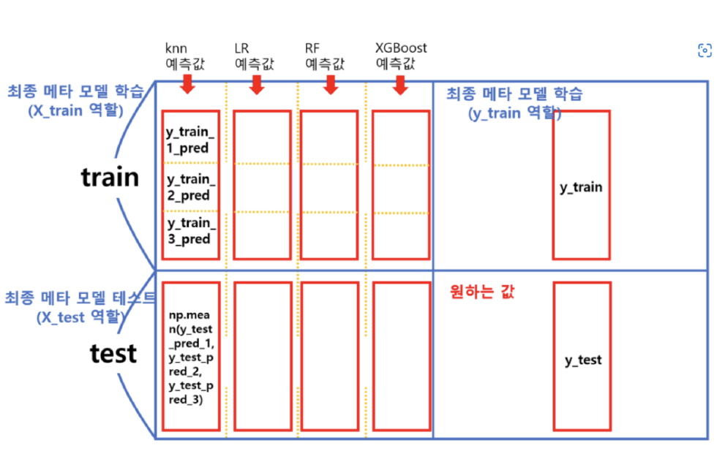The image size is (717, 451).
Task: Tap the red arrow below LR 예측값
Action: pos(256,84)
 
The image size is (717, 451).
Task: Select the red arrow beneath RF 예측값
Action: pos(330,84)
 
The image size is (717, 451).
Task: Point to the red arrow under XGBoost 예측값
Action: pos(399,84)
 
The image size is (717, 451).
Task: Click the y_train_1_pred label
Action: pos(190,140)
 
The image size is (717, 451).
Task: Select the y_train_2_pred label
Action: pos(190,187)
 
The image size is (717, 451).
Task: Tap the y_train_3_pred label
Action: pos(190,231)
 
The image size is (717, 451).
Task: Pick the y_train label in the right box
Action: pos(581,187)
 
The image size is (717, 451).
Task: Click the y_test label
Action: pos(583,360)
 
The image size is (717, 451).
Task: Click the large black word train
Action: pos(110,177)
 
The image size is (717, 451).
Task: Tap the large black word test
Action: pos(113,353)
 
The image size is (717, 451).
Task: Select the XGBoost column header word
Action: pos(401,48)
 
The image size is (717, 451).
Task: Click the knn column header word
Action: pos(176,48)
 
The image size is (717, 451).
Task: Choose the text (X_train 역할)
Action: pos(75,111)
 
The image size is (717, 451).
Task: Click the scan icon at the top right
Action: pos(704,50)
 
